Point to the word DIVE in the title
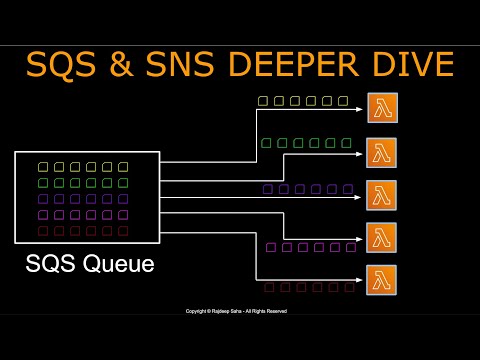(x=410, y=65)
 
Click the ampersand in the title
(x=121, y=65)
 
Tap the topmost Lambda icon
(x=381, y=108)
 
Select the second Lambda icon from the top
(x=381, y=153)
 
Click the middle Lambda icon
(x=381, y=195)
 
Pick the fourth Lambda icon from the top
(x=381, y=238)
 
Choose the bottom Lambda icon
(x=381, y=280)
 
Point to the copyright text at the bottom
(x=236, y=311)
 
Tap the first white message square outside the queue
(x=263, y=101)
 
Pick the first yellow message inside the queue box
(x=43, y=167)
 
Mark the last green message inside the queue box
(x=123, y=183)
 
